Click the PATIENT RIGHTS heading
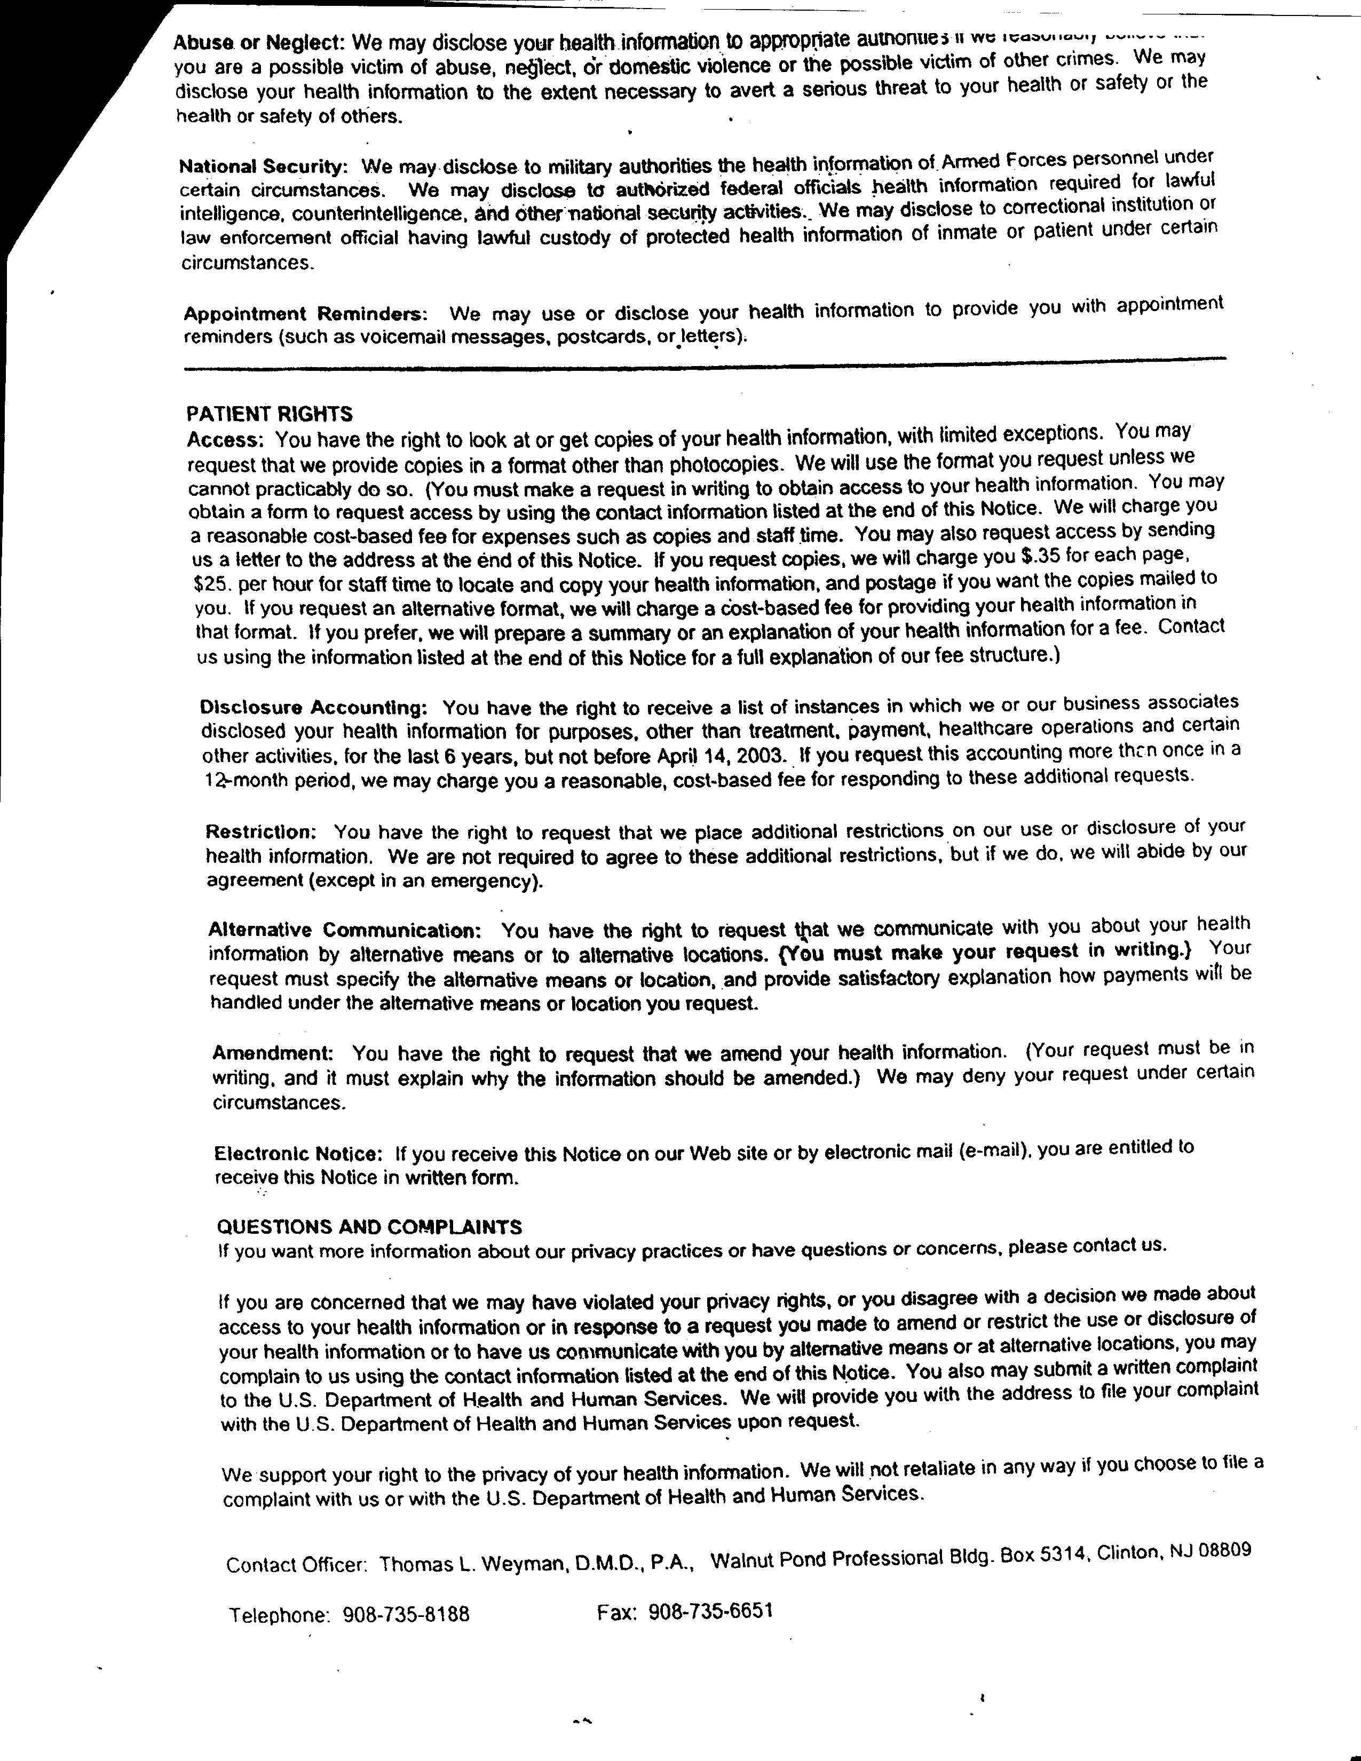270,415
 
